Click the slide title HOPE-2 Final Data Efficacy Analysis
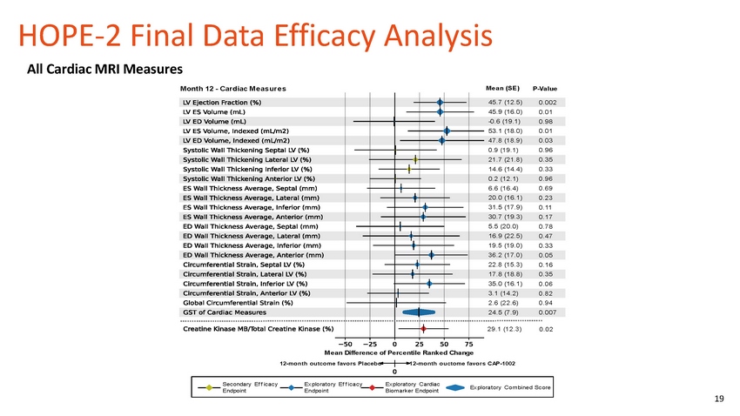click(x=255, y=36)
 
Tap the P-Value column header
click(x=544, y=89)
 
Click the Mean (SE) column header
click(x=502, y=88)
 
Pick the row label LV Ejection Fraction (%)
click(x=224, y=103)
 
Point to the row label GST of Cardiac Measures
click(x=225, y=312)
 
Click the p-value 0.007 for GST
click(x=548, y=312)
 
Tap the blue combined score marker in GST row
click(x=419, y=312)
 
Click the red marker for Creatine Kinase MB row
click(x=423, y=329)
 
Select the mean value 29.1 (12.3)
click(x=505, y=329)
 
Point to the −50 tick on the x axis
click(x=344, y=344)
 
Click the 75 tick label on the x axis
click(x=469, y=344)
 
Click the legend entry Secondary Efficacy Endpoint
click(x=248, y=387)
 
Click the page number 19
click(x=718, y=399)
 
